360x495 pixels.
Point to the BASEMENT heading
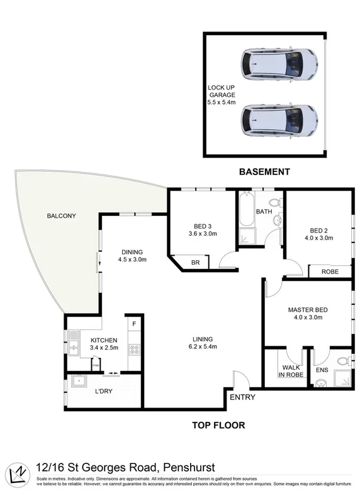264,171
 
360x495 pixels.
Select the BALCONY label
61,216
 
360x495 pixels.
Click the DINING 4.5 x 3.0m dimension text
133,259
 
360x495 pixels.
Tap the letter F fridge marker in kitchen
133,324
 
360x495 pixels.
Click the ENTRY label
242,397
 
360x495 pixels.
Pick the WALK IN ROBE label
293,371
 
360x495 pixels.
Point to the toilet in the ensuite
342,362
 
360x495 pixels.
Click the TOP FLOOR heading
218,425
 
